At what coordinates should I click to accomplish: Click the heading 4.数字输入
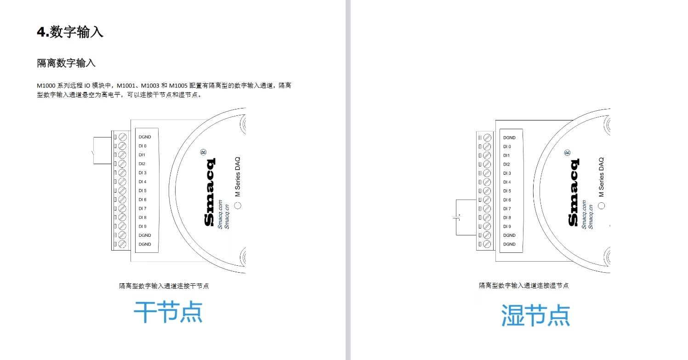pyautogui.click(x=70, y=32)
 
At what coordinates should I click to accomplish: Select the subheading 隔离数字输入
pyautogui.click(x=66, y=63)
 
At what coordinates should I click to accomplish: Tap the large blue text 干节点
pyautogui.click(x=168, y=312)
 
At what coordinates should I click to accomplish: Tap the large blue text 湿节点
pyautogui.click(x=535, y=315)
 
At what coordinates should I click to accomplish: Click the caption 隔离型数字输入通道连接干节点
pyautogui.click(x=164, y=286)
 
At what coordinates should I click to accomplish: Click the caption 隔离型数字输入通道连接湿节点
pyautogui.click(x=523, y=286)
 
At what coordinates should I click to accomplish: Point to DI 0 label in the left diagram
pyautogui.click(x=142, y=146)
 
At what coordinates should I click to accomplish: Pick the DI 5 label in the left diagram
pyautogui.click(x=142, y=190)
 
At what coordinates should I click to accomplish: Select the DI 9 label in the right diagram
pyautogui.click(x=507, y=226)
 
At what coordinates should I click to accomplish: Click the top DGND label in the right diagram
pyautogui.click(x=509, y=137)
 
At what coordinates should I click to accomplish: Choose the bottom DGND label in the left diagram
pyautogui.click(x=145, y=244)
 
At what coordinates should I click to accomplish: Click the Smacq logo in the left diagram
pyautogui.click(x=210, y=192)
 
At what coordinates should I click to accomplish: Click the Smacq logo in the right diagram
pyautogui.click(x=574, y=192)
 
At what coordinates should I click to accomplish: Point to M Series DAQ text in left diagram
pyautogui.click(x=238, y=177)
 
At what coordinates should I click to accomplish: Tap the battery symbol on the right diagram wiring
pyautogui.click(x=456, y=217)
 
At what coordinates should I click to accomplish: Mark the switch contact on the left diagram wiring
pyautogui.click(x=93, y=153)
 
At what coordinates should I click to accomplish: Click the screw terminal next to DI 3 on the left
pyautogui.click(x=122, y=172)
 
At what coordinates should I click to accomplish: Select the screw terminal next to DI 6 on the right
pyautogui.click(x=487, y=200)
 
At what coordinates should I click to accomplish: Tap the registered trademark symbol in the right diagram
pyautogui.click(x=567, y=153)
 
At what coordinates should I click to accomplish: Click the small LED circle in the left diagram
pyautogui.click(x=238, y=206)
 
